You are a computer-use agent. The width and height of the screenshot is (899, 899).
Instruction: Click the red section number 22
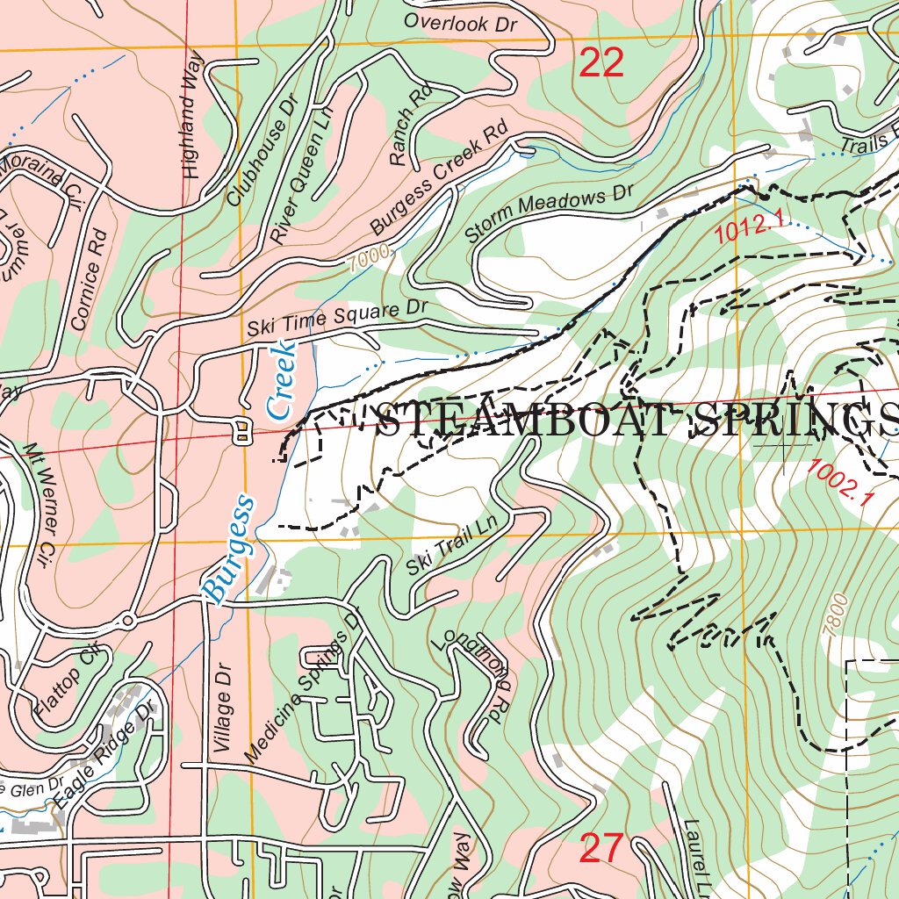(601, 63)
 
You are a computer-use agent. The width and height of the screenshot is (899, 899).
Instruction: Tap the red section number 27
(601, 849)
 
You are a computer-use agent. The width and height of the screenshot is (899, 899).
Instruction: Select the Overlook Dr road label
(460, 23)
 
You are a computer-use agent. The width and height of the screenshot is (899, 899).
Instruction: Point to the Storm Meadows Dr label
(549, 216)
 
